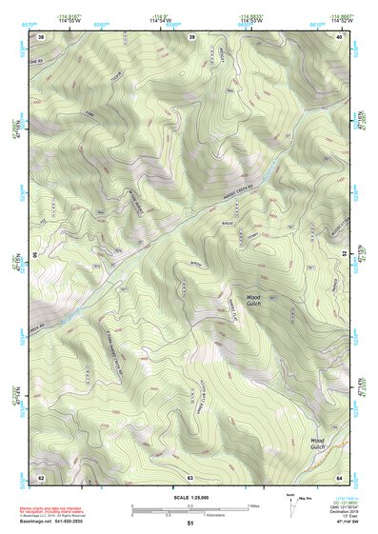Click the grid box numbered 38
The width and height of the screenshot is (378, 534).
coord(41,36)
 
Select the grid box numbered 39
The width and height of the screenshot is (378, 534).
coord(191,36)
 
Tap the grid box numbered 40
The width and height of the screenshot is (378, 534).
coord(340,36)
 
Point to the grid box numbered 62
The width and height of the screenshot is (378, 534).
coord(41,476)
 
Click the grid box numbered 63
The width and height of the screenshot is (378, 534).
coord(190,476)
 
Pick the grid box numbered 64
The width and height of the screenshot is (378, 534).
coord(339,476)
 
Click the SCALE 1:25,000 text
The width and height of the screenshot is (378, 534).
coord(190,498)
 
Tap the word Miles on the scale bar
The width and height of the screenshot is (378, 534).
coord(253,504)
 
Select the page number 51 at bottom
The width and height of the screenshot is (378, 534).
coord(190,524)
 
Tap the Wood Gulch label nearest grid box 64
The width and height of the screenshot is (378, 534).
coord(318,444)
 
